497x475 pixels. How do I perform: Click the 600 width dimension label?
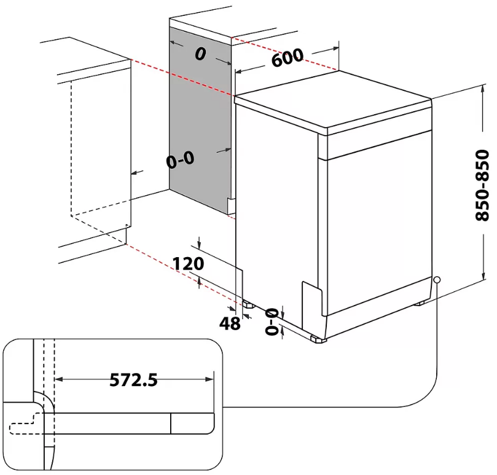coord(287,58)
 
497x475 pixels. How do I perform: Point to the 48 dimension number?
coord(230,323)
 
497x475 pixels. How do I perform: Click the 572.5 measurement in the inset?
coord(133,380)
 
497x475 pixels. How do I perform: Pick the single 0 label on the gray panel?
coord(200,55)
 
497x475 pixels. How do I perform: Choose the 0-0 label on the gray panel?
coord(180,160)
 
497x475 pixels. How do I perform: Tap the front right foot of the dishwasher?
coord(318,339)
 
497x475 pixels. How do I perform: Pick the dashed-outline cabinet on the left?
coord(98,153)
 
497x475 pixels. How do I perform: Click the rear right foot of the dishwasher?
coord(421,303)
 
